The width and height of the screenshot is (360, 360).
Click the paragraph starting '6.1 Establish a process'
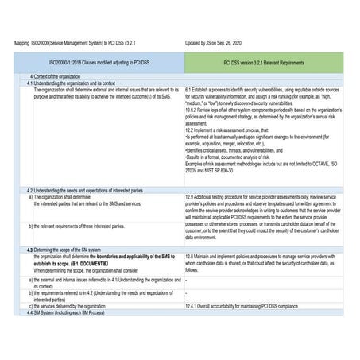[263, 97]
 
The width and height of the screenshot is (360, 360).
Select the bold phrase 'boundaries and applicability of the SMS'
[134, 257]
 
